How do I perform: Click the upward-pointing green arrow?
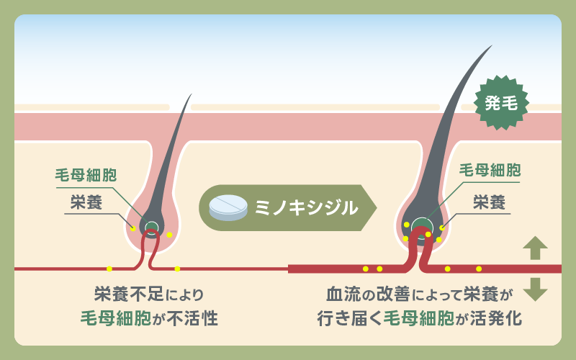(535, 248)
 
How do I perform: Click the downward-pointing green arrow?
(535, 289)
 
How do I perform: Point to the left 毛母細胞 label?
(86, 176)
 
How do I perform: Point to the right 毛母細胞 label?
(490, 170)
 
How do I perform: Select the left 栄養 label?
(86, 202)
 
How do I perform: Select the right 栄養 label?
(490, 201)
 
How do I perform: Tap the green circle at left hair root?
(152, 228)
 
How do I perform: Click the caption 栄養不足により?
(148, 294)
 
